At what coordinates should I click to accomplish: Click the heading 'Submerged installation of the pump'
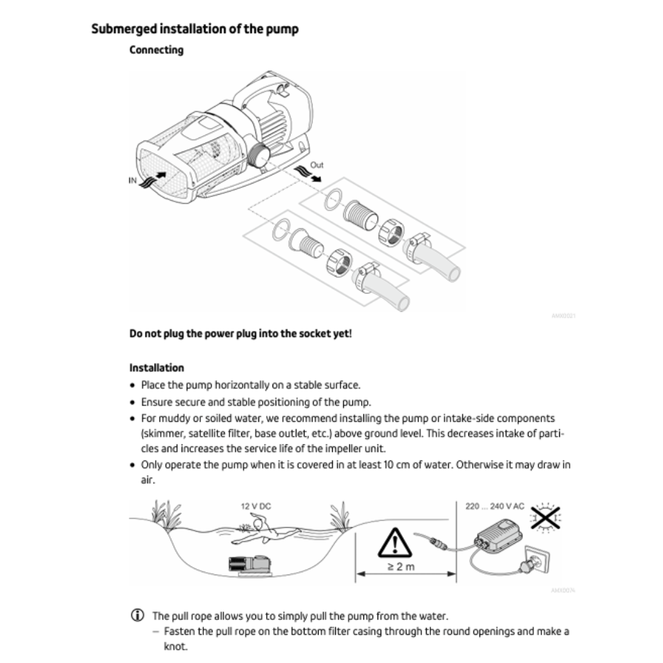195,29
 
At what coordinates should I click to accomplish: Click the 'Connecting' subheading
156,50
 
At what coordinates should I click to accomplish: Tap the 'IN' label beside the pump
132,180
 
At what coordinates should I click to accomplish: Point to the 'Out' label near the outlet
317,165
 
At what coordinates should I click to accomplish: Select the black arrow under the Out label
314,178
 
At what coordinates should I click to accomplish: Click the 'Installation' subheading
157,368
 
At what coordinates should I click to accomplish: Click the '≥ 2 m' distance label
401,566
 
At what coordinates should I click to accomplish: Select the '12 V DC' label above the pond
255,506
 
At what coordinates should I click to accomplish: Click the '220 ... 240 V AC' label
495,506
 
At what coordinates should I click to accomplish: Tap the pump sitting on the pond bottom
251,565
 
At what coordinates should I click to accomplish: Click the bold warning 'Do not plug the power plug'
241,334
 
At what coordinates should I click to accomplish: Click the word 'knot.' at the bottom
176,646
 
